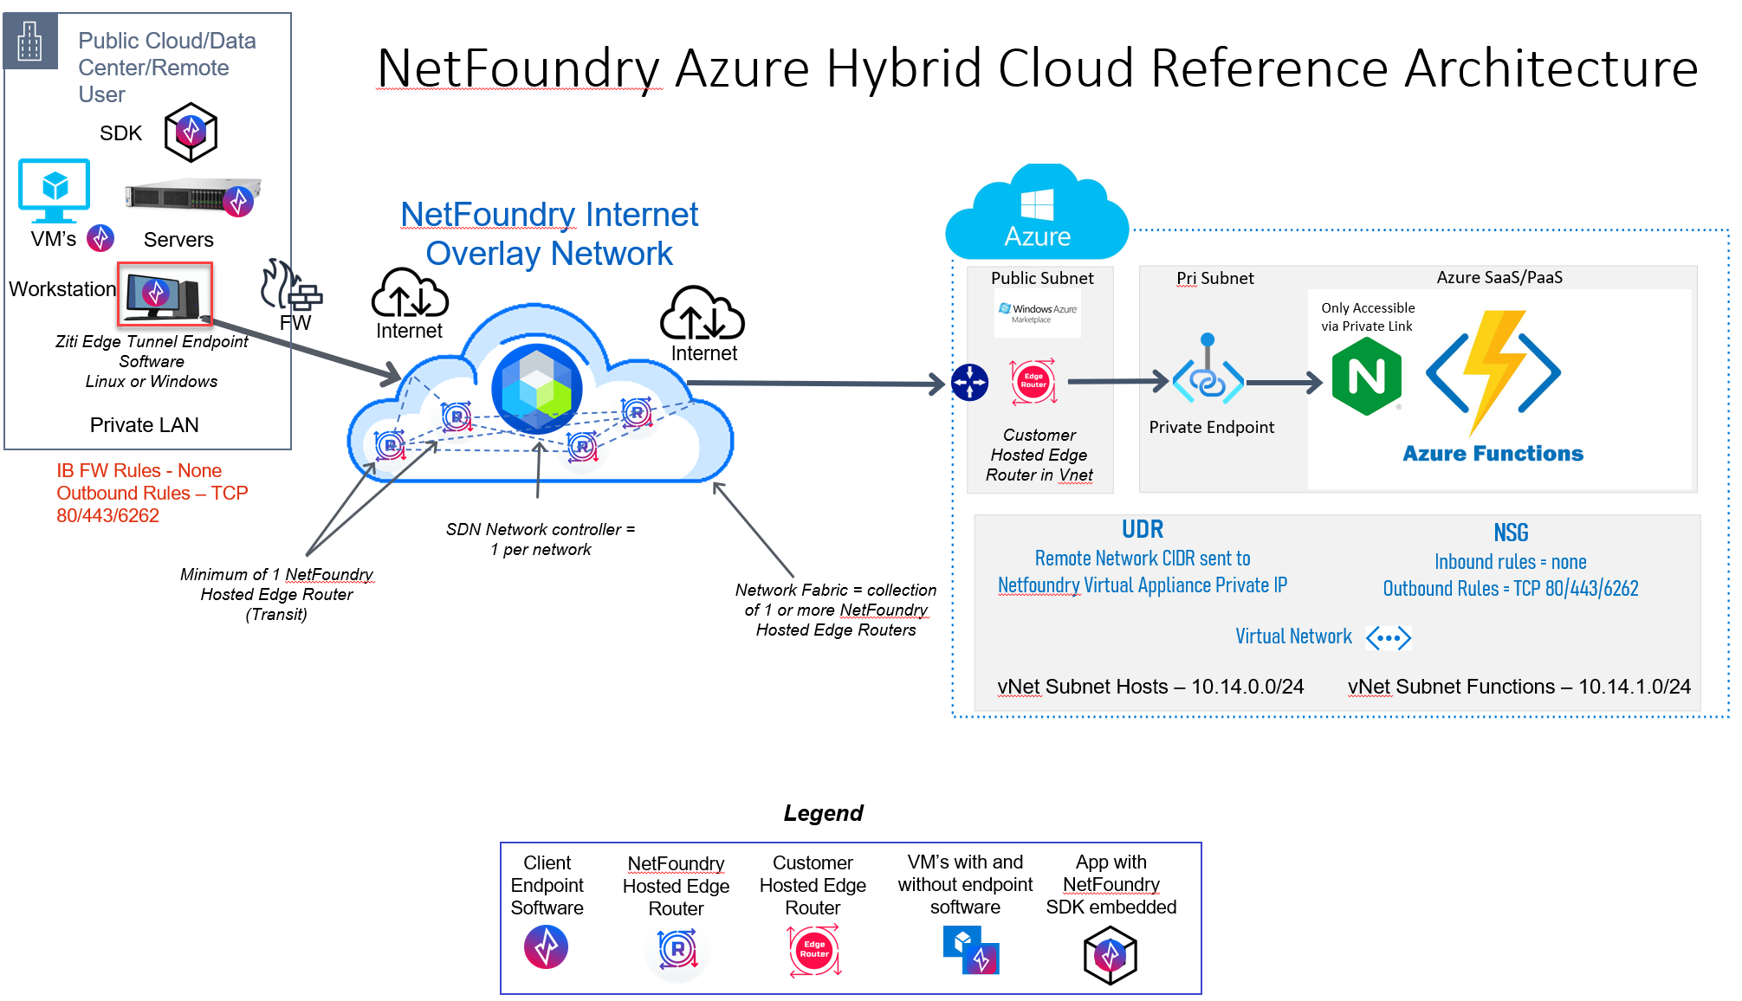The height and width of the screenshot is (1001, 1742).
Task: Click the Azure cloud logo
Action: (1037, 212)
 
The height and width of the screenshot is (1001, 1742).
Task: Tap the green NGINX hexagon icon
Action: (1366, 377)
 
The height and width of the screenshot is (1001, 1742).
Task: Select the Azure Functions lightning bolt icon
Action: (1493, 372)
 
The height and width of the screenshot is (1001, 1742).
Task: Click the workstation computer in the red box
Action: (164, 294)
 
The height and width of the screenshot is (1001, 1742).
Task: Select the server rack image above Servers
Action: (192, 198)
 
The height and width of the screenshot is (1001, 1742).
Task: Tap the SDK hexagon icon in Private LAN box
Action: (191, 132)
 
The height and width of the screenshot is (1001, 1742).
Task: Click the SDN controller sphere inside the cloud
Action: (536, 389)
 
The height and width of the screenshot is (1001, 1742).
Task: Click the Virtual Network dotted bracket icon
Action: (1388, 638)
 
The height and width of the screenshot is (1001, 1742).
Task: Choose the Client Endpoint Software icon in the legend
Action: (546, 946)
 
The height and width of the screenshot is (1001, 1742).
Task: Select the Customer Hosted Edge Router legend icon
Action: (813, 950)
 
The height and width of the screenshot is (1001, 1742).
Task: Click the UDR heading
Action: (1142, 529)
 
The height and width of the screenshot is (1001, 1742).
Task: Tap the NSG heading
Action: (1510, 533)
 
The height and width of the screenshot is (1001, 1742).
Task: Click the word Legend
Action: (823, 813)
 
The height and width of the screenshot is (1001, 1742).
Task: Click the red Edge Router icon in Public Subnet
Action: (1033, 381)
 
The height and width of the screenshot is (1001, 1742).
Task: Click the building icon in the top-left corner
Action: (30, 41)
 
